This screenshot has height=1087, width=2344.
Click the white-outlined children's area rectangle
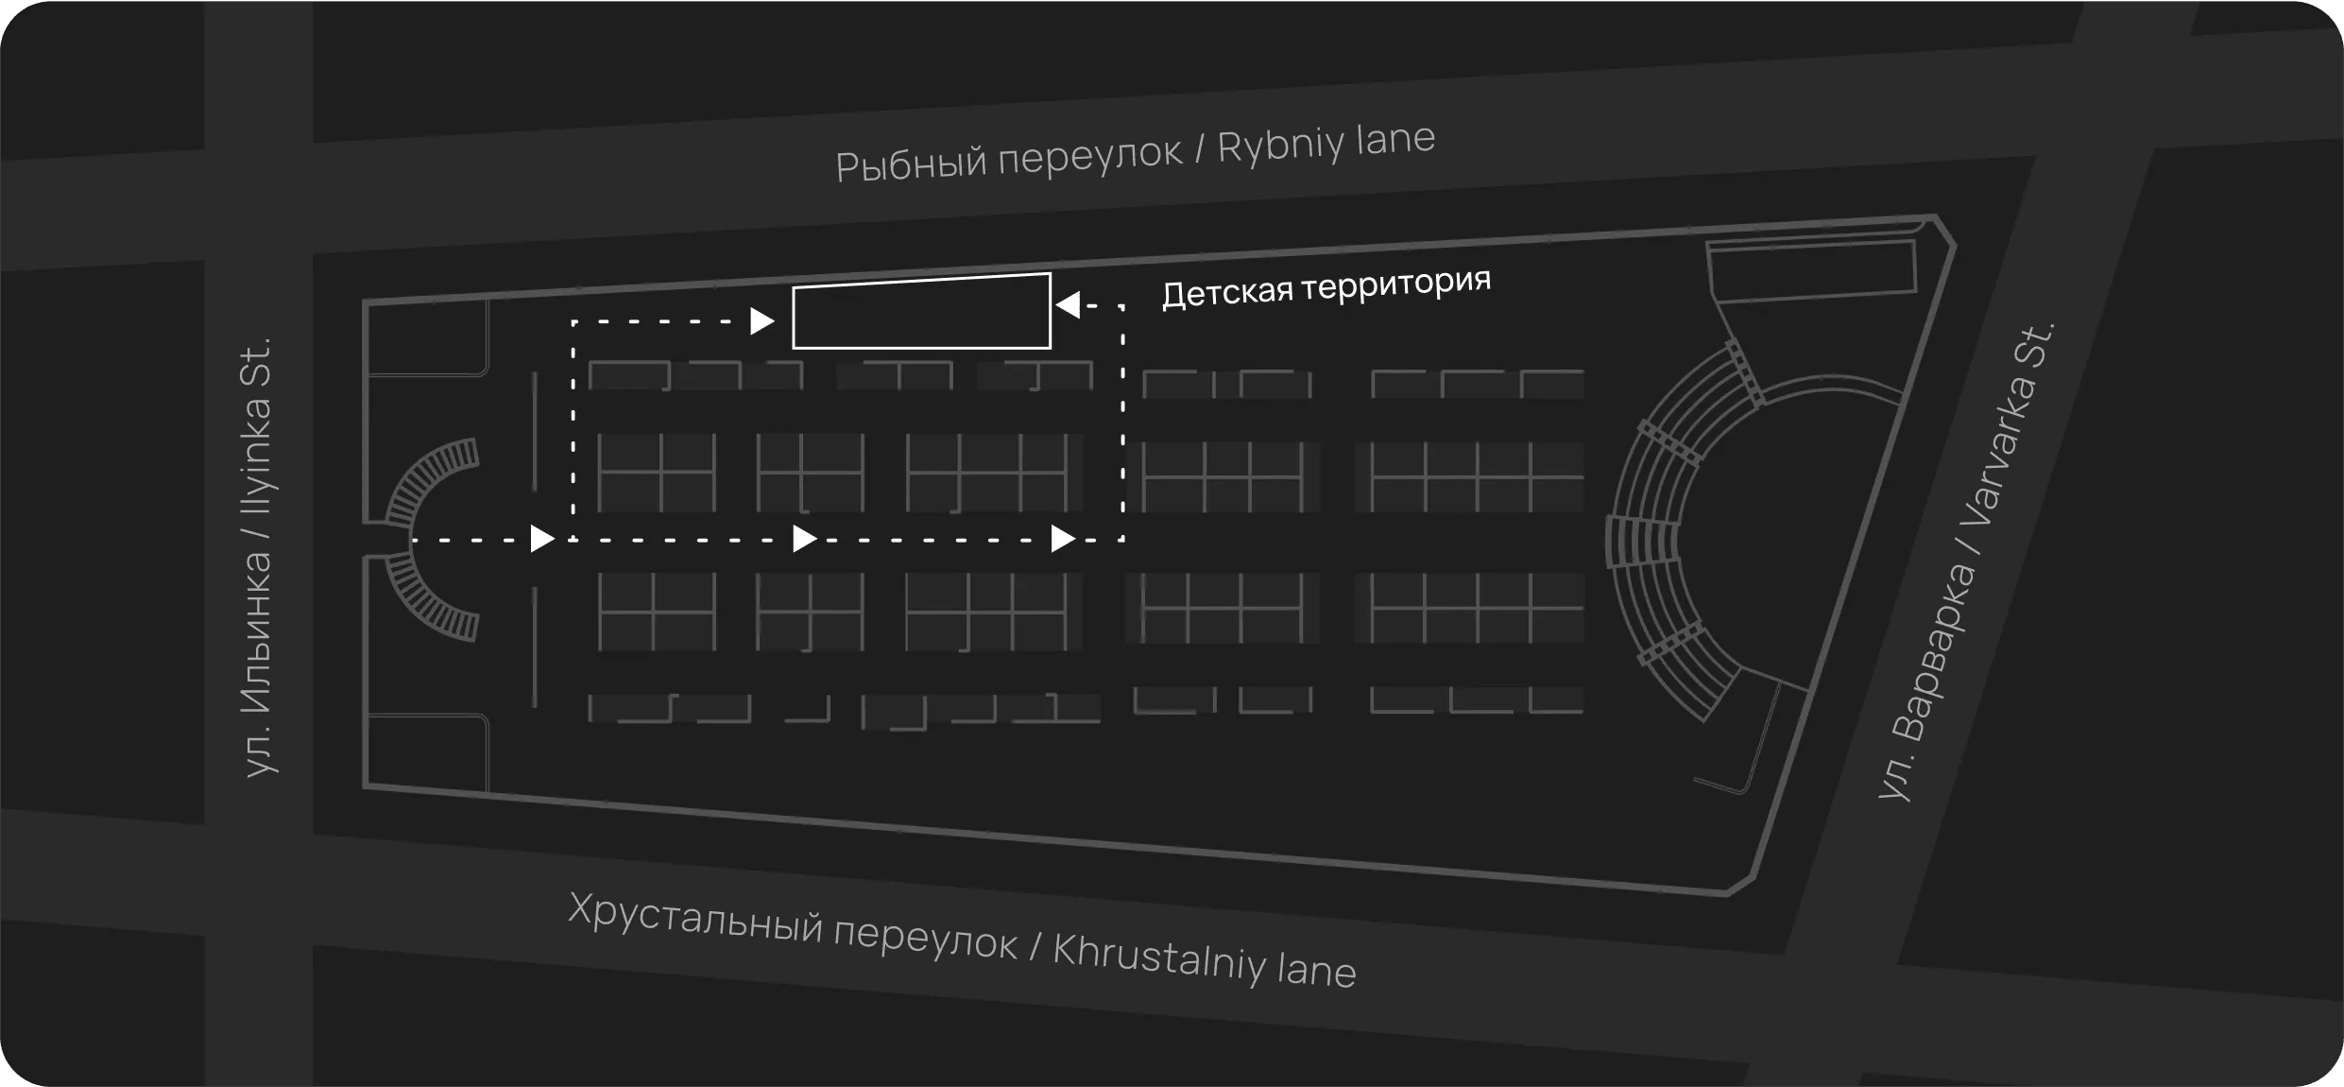pyautogui.click(x=921, y=311)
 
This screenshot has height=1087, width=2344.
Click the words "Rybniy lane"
pyautogui.click(x=1326, y=143)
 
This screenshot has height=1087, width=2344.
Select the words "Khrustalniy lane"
pyautogui.click(x=1205, y=960)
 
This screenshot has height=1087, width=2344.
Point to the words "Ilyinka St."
pyautogui.click(x=256, y=425)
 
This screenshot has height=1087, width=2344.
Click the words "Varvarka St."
pyautogui.click(x=2008, y=424)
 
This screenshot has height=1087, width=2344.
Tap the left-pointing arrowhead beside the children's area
pyautogui.click(x=1068, y=305)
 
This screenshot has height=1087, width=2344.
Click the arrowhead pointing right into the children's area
pyautogui.click(x=762, y=321)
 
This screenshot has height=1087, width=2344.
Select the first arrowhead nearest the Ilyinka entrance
pyautogui.click(x=542, y=539)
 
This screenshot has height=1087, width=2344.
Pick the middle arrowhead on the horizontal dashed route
pyautogui.click(x=805, y=539)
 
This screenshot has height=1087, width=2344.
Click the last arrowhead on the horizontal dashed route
pyautogui.click(x=1064, y=539)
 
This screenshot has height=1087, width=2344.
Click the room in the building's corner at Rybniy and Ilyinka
pyautogui.click(x=427, y=339)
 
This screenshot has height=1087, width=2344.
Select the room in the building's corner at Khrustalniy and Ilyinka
pyautogui.click(x=427, y=752)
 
